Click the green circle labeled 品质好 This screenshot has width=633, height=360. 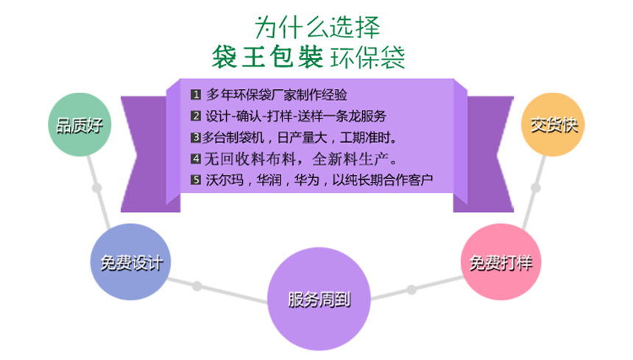click(79, 124)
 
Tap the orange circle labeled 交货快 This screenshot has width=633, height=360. click(553, 124)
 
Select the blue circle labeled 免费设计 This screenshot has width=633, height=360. click(130, 262)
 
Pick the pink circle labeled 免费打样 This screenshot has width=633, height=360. click(501, 262)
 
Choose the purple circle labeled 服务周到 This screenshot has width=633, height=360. click(319, 299)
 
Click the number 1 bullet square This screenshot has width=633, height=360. click(195, 95)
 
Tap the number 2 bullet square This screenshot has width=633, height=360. click(195, 116)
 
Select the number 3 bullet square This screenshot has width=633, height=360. click(195, 138)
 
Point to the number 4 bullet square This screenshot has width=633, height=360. click(195, 159)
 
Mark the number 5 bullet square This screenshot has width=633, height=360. click(195, 180)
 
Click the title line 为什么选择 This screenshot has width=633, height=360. click(317, 27)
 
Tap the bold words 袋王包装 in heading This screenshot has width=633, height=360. click(267, 57)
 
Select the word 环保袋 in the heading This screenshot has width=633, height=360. click(367, 57)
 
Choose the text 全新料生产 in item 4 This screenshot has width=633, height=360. click(350, 159)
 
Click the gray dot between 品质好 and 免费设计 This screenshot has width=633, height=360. click(97, 188)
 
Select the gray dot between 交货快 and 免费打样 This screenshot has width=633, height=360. click(536, 188)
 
